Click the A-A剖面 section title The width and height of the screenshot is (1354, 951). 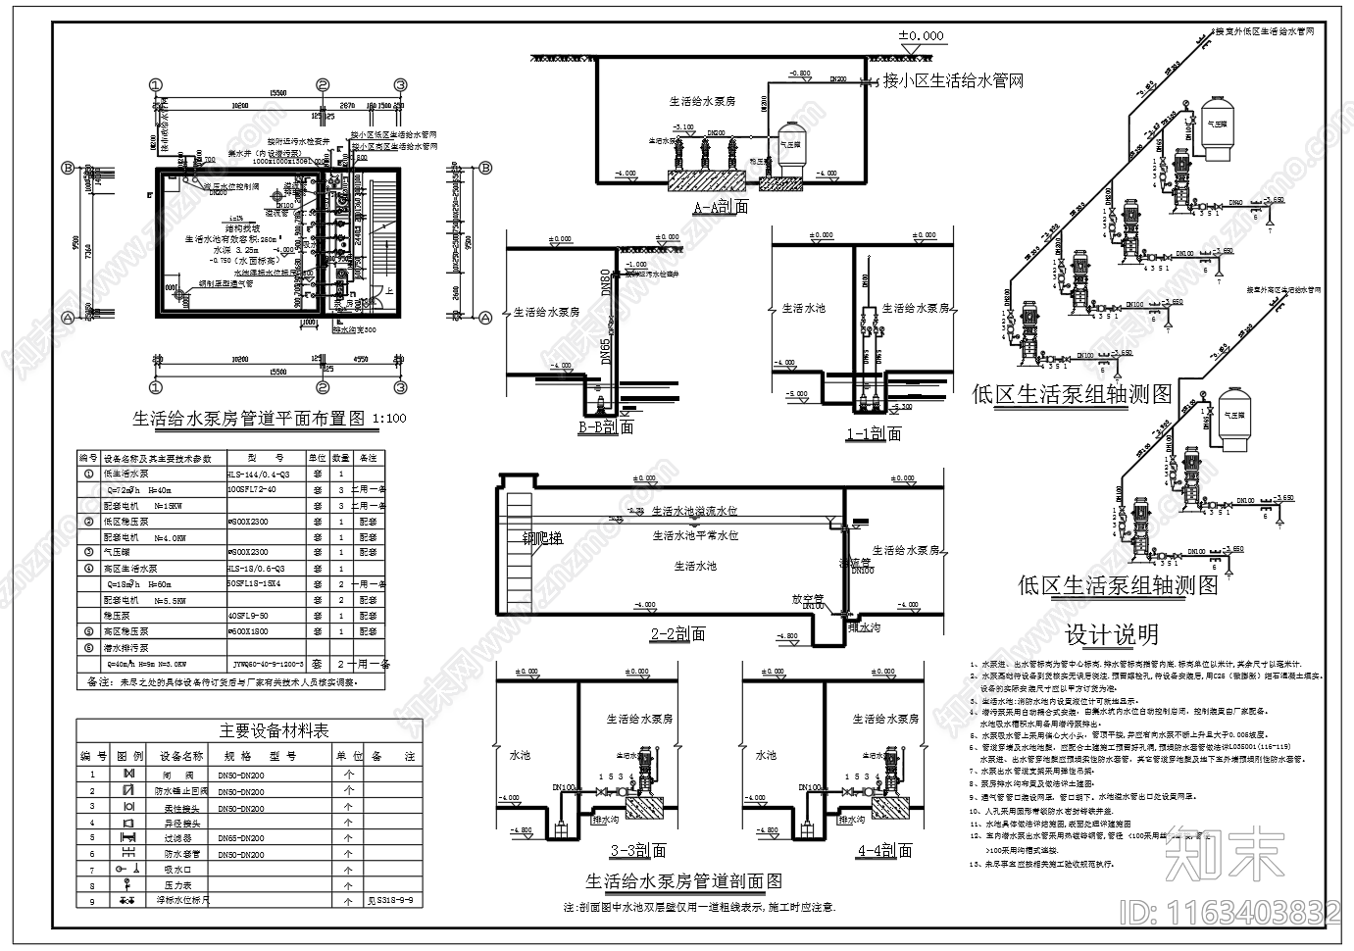point(721,207)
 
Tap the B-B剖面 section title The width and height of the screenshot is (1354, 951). point(605,426)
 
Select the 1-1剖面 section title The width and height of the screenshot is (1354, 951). point(873,433)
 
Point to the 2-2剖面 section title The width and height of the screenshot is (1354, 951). point(677,634)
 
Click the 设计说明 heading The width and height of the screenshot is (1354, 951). point(1112,635)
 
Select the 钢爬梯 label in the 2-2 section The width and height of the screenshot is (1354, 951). point(542,537)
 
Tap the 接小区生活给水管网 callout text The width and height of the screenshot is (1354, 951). point(953,80)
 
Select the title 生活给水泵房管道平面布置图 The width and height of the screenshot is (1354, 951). point(251,419)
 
